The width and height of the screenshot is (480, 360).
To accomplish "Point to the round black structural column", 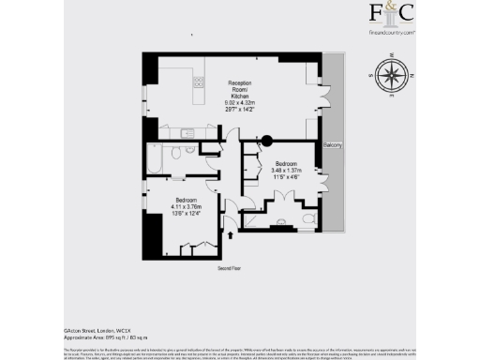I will click(266, 141).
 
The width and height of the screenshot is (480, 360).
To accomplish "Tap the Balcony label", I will click(333, 146).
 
